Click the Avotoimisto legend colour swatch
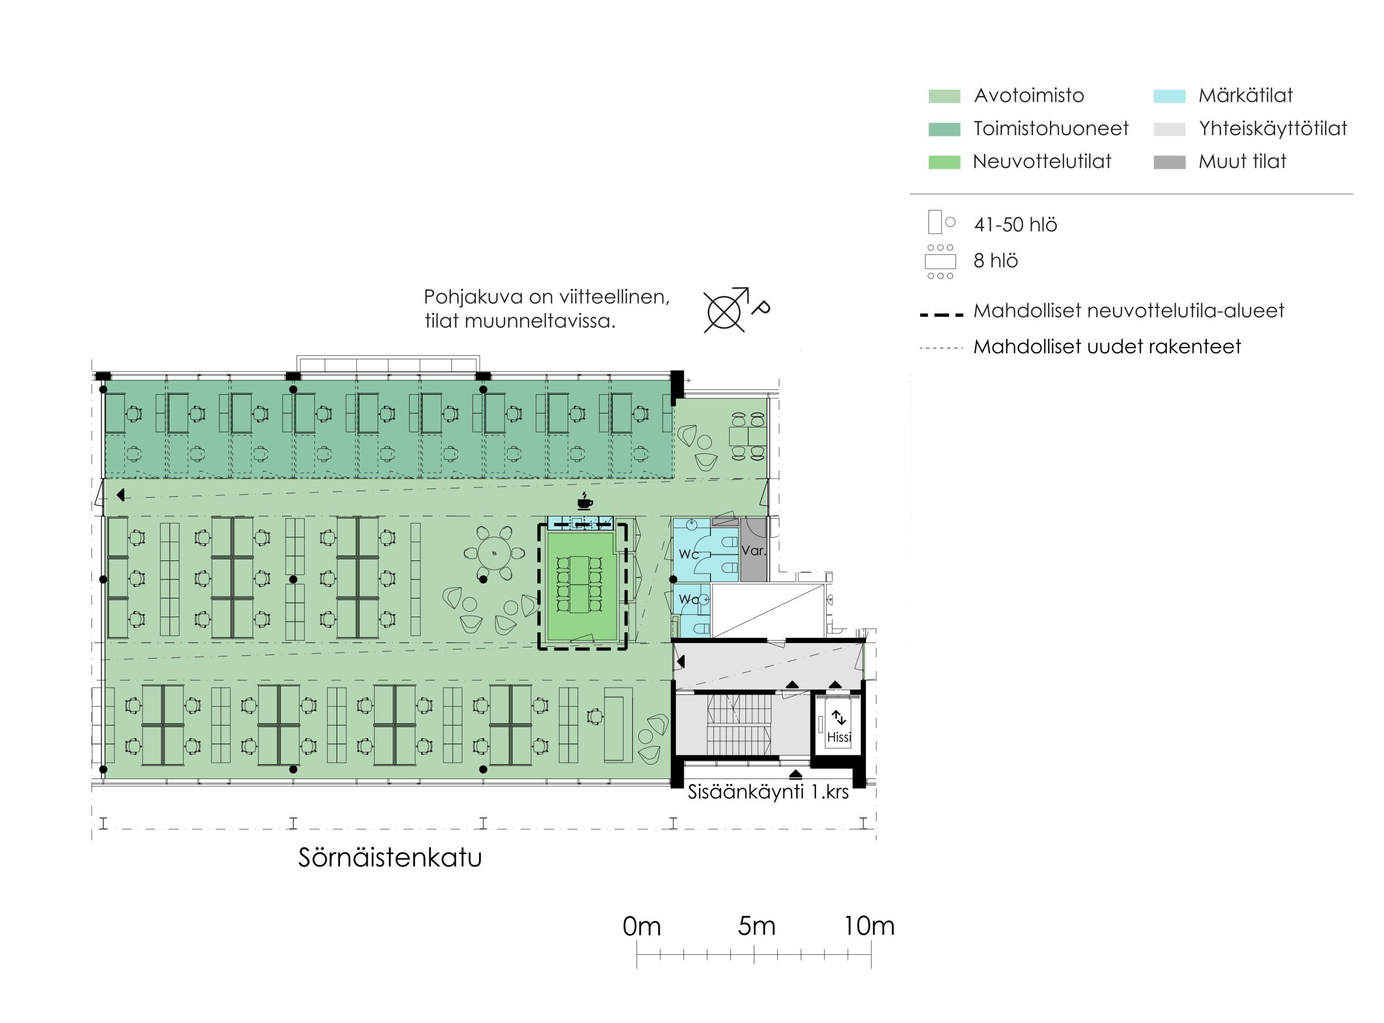pyautogui.click(x=944, y=96)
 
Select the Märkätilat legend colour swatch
pyautogui.click(x=1169, y=96)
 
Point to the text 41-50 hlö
pyautogui.click(x=1015, y=224)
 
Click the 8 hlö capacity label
pyautogui.click(x=996, y=261)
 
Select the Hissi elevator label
pyautogui.click(x=839, y=737)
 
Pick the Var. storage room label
pyautogui.click(x=754, y=550)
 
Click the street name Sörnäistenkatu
pyautogui.click(x=390, y=858)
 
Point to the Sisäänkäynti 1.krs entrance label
pyautogui.click(x=769, y=792)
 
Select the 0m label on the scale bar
pyautogui.click(x=642, y=927)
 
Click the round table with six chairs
pyautogui.click(x=494, y=553)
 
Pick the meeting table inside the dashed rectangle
pyautogui.click(x=579, y=584)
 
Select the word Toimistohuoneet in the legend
pyautogui.click(x=1051, y=129)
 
